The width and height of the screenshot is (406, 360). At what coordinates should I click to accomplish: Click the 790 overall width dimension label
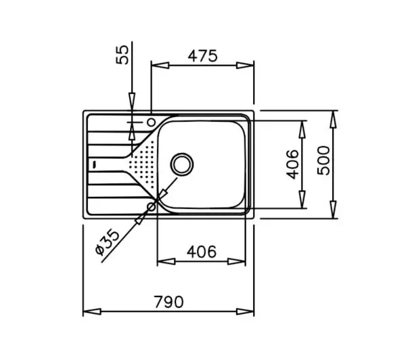tap(168, 302)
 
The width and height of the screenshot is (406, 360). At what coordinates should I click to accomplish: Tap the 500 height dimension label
tap(324, 161)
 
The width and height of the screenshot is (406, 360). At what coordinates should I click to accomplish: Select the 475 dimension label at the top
tap(202, 56)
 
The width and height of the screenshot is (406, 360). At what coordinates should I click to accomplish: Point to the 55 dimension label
tap(122, 55)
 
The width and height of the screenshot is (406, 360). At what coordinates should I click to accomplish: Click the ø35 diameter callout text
tap(108, 242)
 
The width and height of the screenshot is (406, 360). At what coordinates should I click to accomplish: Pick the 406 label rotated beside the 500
tap(292, 164)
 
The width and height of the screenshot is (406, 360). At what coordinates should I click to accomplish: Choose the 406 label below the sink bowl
tap(202, 252)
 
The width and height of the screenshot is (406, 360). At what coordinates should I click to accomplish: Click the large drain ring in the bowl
tap(182, 164)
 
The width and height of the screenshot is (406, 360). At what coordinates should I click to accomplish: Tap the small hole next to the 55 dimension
tap(151, 122)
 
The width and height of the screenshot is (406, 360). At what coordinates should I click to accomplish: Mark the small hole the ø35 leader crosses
tap(151, 206)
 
